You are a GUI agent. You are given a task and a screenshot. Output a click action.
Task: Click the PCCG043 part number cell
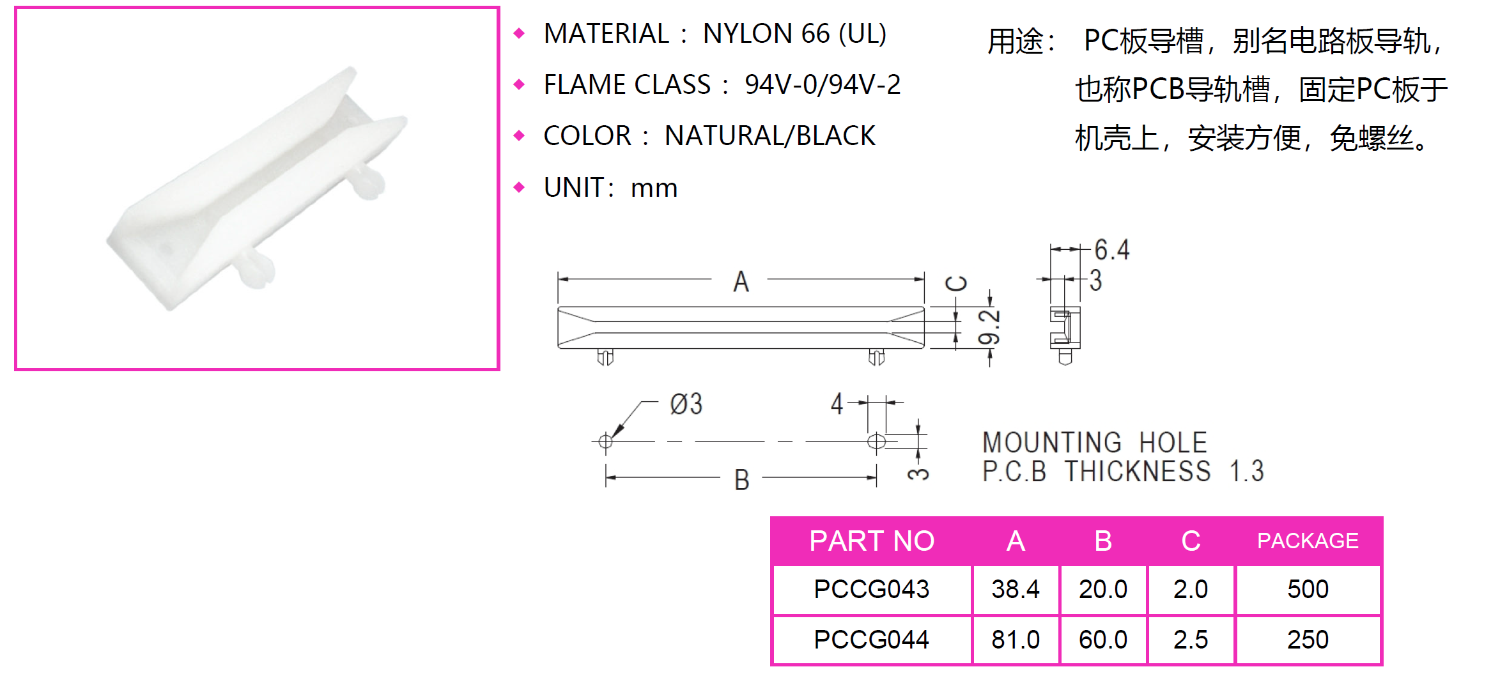coord(871,589)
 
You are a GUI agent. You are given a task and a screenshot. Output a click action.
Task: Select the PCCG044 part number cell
coord(871,640)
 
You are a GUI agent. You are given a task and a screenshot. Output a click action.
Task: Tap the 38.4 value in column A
coord(1016,589)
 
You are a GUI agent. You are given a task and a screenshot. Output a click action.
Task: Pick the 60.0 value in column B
coord(1103,640)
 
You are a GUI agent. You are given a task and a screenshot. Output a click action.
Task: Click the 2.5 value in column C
coord(1191,640)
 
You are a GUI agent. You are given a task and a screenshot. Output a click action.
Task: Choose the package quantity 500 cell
coord(1308,589)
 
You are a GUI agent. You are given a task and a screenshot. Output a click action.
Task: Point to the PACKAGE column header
coord(1308,541)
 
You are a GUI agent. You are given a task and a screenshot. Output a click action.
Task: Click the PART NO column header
coord(872,541)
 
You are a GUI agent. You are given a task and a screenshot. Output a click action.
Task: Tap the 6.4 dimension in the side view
coord(1112,250)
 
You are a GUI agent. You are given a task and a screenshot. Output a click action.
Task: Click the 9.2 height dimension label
coord(989,327)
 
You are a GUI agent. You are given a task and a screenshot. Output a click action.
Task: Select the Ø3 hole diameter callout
coord(686,404)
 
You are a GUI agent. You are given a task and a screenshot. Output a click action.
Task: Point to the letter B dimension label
coord(741,480)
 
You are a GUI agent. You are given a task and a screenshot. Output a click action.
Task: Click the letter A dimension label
coord(741,281)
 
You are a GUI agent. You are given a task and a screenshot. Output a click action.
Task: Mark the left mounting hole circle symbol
coord(605,441)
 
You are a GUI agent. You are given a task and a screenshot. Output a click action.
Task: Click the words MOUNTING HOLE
coord(1095,443)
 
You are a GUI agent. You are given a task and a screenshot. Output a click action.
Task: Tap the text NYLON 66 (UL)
coord(794,34)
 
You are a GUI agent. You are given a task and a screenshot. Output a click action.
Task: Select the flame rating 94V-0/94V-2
coord(823,85)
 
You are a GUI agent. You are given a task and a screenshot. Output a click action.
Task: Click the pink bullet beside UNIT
coord(519,187)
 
